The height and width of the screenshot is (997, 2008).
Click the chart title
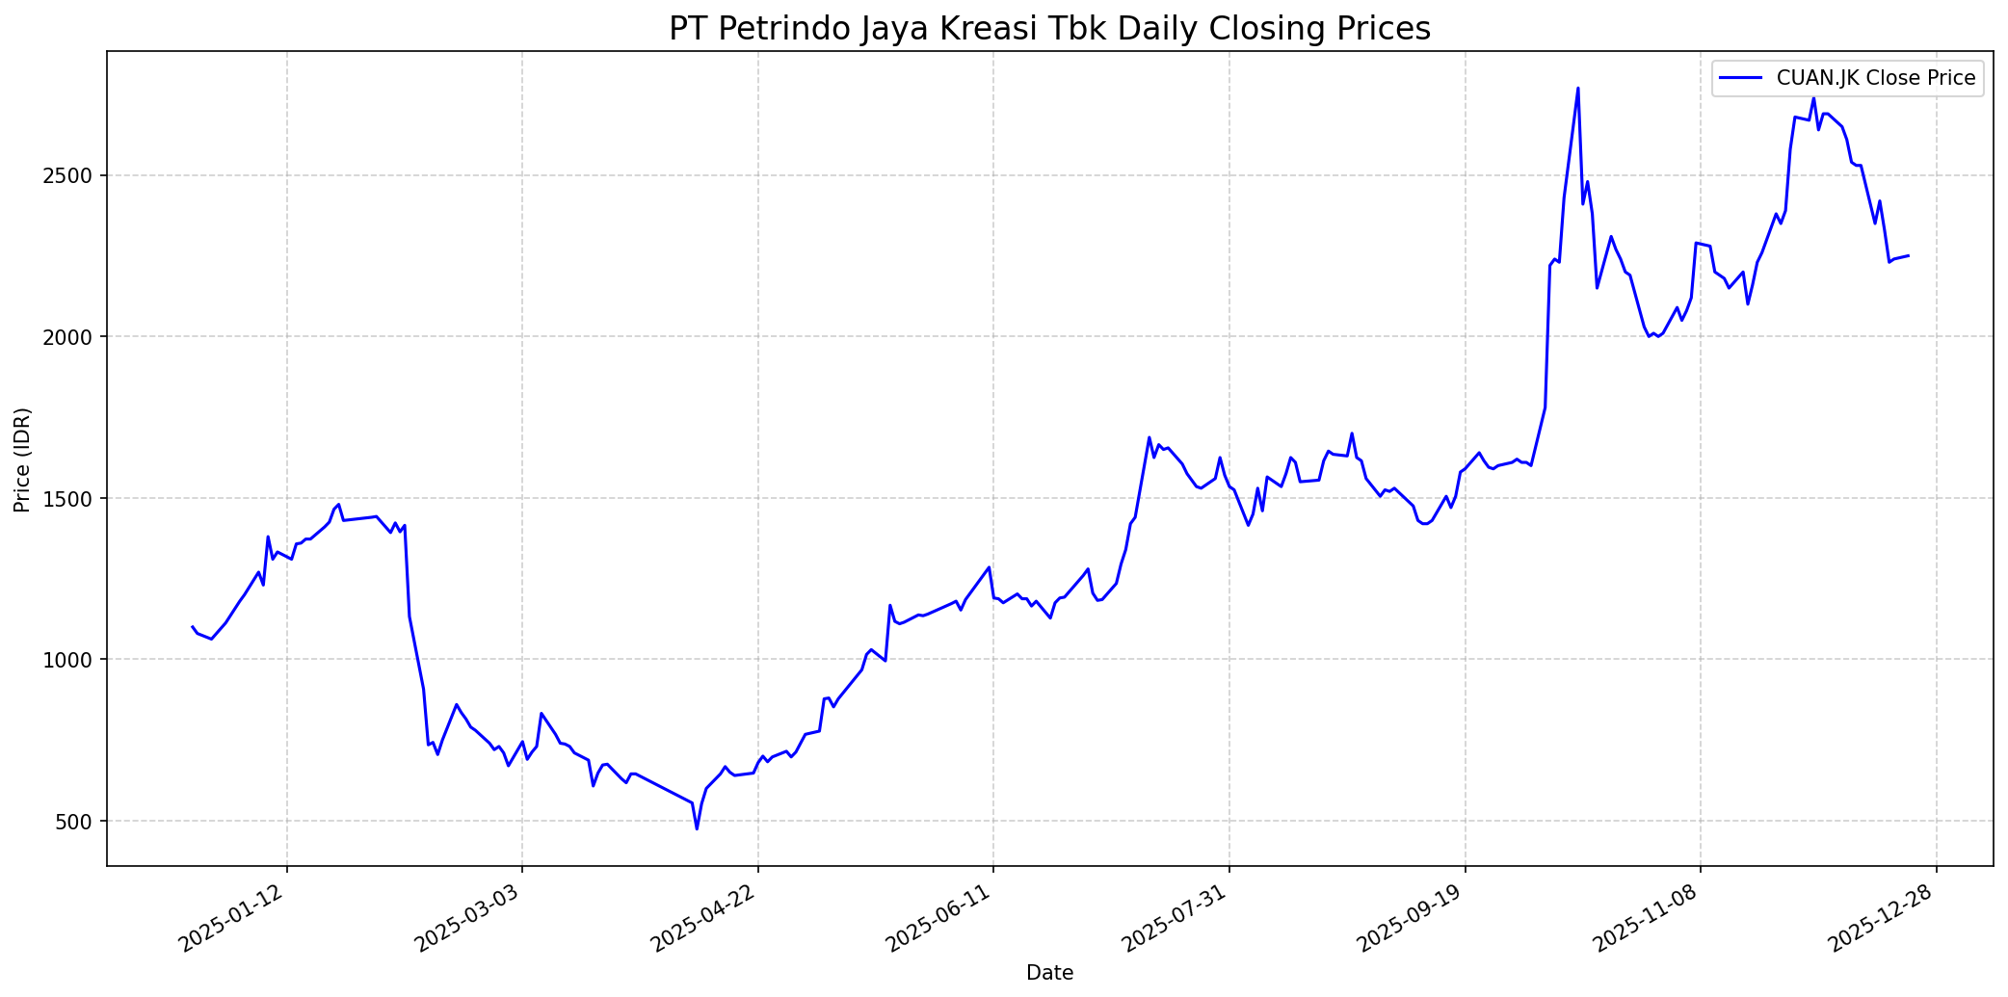pyautogui.click(x=1049, y=29)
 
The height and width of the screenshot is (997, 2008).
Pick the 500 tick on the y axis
pyautogui.click(x=81, y=822)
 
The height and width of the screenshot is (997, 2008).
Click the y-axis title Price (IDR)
pyautogui.click(x=23, y=459)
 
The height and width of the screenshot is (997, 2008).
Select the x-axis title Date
pyautogui.click(x=1049, y=973)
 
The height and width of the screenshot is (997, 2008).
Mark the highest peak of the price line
pyautogui.click(x=1577, y=89)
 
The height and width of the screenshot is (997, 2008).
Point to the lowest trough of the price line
pyautogui.click(x=697, y=828)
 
